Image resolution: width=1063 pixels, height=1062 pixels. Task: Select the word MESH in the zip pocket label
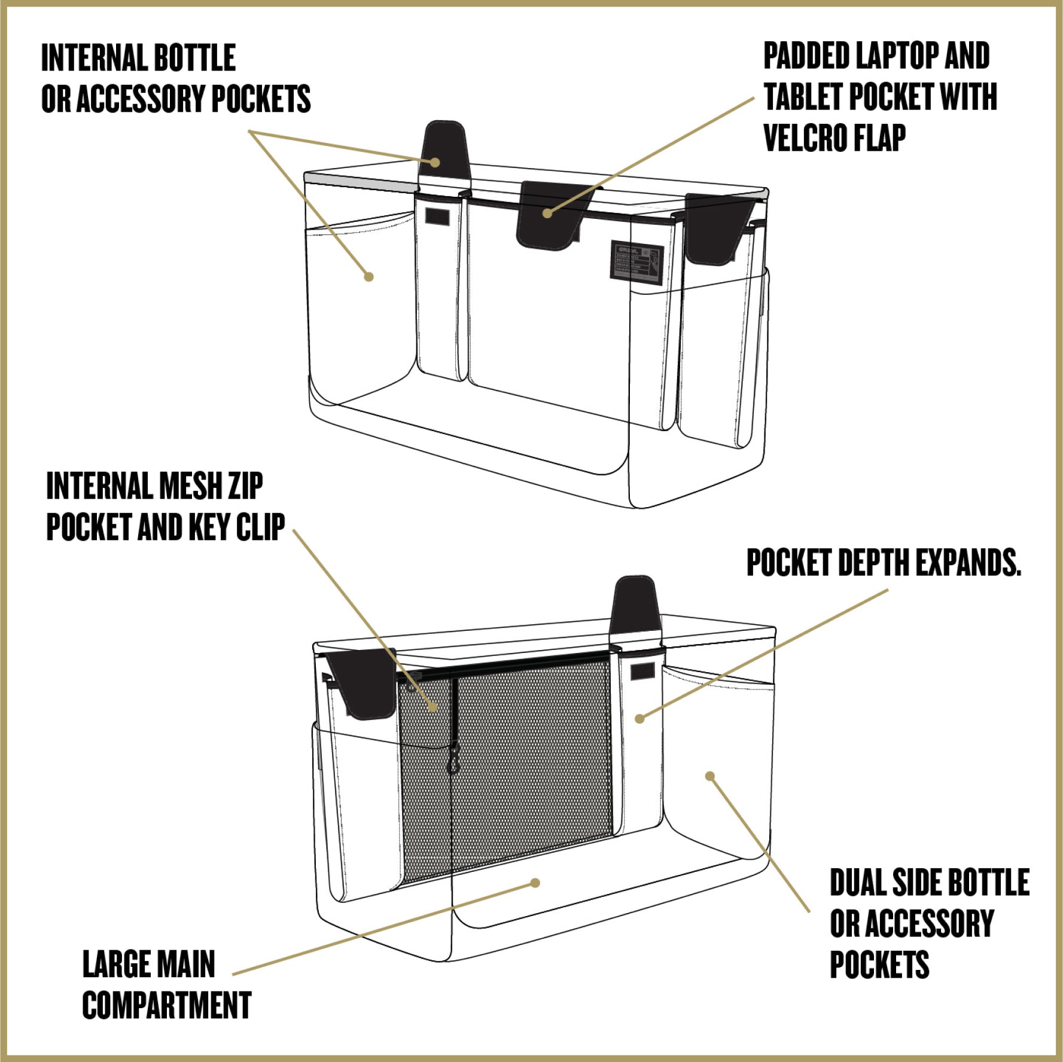tap(187, 486)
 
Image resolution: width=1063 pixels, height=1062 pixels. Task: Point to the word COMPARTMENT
tap(167, 1005)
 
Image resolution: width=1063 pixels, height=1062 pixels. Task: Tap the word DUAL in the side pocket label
tap(857, 883)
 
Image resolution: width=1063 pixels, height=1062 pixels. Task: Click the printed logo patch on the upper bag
tap(637, 263)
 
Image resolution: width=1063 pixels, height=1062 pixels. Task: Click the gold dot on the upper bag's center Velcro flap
tap(547, 213)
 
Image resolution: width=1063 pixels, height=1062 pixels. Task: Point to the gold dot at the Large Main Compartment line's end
tap(535, 883)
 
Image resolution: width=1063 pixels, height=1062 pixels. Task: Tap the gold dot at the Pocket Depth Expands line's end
tap(639, 718)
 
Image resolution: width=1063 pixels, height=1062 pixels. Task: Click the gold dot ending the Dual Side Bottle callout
tap(710, 776)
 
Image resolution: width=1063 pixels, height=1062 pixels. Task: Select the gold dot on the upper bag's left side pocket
tap(368, 276)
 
